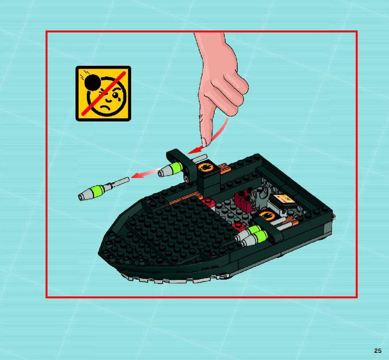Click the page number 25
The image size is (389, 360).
coord(378,351)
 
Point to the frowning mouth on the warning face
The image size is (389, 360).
coord(105,107)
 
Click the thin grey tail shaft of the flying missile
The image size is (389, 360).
coord(121,181)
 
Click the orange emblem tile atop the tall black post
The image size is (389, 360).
coord(206,168)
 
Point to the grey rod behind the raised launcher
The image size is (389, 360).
coord(200,158)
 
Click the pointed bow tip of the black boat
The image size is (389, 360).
coord(99,254)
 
